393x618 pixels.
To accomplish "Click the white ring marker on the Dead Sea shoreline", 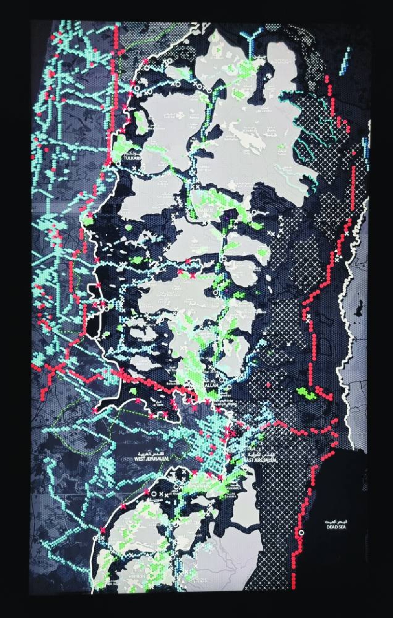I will pyautogui.click(x=301, y=532).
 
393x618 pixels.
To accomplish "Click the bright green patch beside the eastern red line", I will pyautogui.click(x=307, y=393).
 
